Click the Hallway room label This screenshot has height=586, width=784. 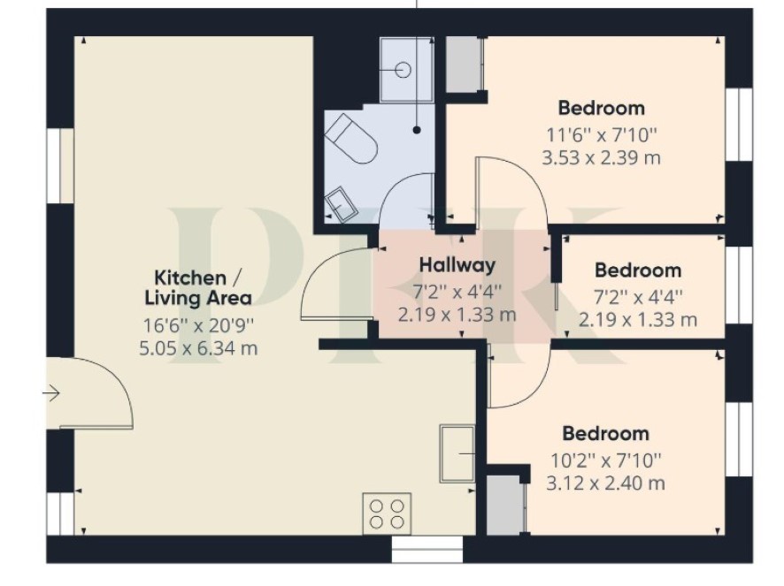[457, 265]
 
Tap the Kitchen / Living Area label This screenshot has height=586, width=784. [198, 287]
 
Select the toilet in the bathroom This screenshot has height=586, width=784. [350, 139]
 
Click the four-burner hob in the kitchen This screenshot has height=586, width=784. [387, 514]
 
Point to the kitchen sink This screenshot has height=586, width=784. [457, 453]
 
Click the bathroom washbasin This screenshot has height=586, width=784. [341, 205]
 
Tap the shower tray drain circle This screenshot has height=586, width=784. [403, 70]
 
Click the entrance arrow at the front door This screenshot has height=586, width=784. [50, 393]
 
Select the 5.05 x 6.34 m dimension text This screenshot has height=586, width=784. [198, 347]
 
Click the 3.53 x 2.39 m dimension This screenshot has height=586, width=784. [601, 158]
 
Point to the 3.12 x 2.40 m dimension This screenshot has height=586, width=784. [605, 483]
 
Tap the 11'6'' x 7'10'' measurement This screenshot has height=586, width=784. [602, 134]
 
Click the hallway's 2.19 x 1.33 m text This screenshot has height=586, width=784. [457, 315]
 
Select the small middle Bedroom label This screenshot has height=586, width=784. [638, 270]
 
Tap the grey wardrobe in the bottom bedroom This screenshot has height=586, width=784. [506, 505]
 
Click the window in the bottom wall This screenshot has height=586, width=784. [427, 550]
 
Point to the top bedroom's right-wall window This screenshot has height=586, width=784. [739, 125]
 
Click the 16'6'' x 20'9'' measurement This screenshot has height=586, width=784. [198, 325]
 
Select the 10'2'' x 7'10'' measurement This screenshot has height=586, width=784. [605, 460]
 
